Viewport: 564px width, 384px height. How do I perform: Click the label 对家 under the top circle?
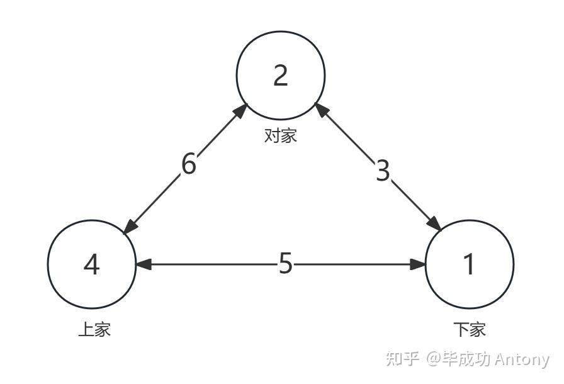[x=280, y=135]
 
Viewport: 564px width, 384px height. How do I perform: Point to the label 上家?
[x=94, y=329]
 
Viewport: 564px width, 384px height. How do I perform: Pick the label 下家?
[x=470, y=329]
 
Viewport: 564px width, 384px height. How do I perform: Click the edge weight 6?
[x=189, y=164]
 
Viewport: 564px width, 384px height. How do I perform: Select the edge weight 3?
[x=383, y=171]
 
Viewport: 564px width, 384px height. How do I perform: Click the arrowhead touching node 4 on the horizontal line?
[x=144, y=264]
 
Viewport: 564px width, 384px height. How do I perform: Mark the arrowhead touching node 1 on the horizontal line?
[x=419, y=264]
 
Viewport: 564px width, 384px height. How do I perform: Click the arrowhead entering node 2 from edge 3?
[x=320, y=110]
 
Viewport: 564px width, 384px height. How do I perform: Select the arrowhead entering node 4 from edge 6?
[x=130, y=227]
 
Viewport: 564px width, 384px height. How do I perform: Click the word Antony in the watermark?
[x=522, y=359]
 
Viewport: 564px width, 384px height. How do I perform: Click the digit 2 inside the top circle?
[x=281, y=76]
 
